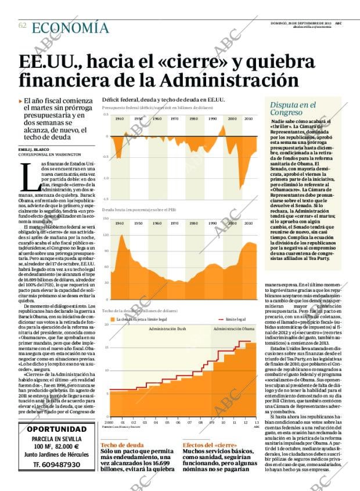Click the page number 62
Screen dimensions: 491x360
(22, 26)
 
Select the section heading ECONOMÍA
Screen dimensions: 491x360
(70, 27)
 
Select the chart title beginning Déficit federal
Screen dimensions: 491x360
(163, 100)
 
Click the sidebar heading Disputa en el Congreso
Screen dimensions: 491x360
(293, 109)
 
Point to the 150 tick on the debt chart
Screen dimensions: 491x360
(106, 218)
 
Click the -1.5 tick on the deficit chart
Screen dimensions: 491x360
(106, 198)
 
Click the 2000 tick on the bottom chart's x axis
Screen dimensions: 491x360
(109, 422)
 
